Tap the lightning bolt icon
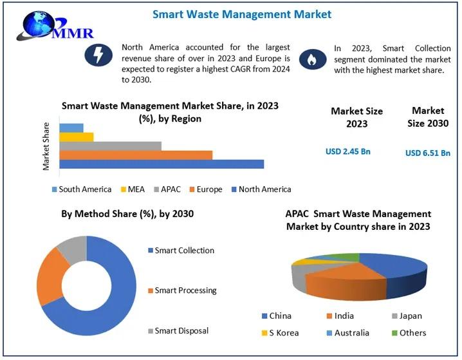[99, 57]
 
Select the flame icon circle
[312, 59]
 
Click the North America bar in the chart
[161, 164]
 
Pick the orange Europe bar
[135, 155]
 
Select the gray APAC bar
[110, 146]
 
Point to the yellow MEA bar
[76, 137]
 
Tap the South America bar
[71, 128]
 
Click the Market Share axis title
[46, 146]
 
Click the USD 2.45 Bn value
[348, 151]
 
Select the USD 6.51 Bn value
[427, 153]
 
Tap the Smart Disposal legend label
[182, 331]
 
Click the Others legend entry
[408, 333]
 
